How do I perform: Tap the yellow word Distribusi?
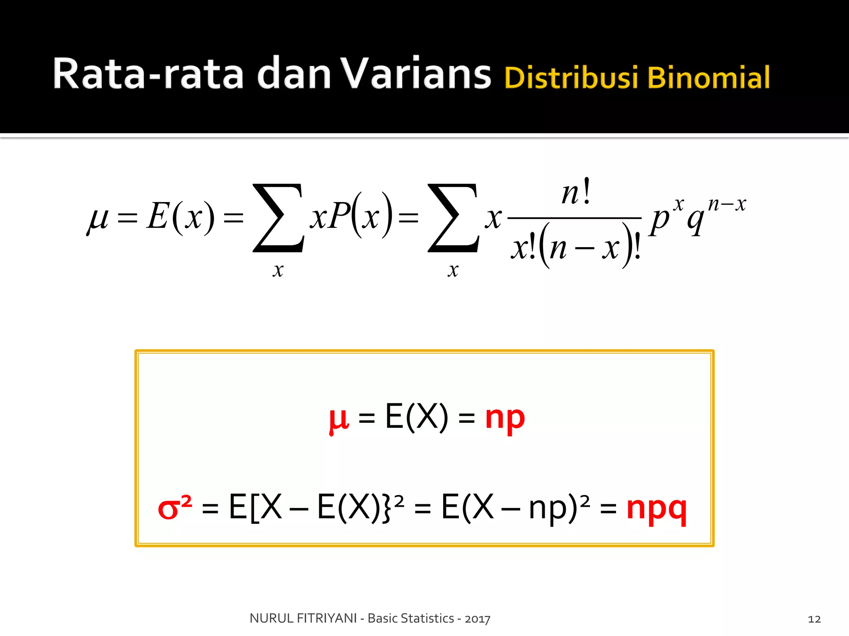pos(571,77)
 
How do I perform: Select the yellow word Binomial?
pos(708,77)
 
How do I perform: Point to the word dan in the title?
pos(294,74)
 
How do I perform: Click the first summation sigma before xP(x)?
pos(278,218)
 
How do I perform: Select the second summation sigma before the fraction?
pos(453,218)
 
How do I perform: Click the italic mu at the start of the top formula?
pos(98,218)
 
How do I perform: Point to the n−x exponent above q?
pos(727,204)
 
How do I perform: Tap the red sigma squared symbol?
pos(175,508)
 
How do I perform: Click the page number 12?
pos(814,619)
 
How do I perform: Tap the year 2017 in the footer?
pos(478,619)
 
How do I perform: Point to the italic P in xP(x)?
pos(340,216)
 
